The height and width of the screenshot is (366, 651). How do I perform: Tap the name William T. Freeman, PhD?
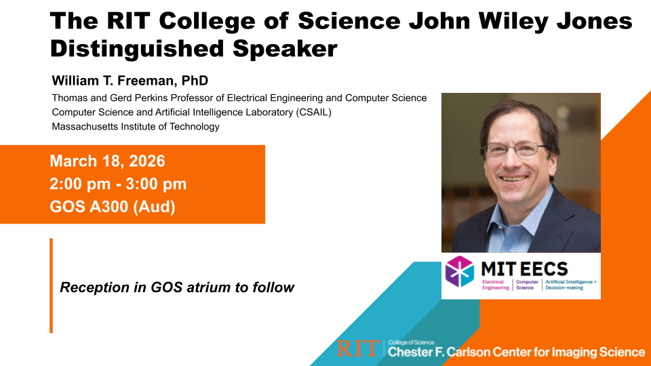tap(130, 81)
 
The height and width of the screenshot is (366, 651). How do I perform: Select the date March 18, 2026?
tap(108, 161)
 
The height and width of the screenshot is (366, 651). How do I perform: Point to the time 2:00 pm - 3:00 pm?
tap(118, 184)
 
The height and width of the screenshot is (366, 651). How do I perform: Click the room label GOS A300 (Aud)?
tap(113, 207)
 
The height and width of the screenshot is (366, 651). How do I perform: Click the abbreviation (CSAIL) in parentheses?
tap(313, 113)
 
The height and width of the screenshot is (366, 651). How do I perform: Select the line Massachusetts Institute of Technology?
tap(136, 127)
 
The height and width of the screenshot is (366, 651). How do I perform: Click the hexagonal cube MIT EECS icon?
tap(459, 272)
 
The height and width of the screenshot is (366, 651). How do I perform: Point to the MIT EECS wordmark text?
tap(524, 269)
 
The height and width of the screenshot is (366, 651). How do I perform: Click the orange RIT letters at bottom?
tap(358, 348)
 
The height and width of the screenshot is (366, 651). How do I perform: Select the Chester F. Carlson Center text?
tap(516, 352)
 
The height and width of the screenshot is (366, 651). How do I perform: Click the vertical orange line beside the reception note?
tap(51, 285)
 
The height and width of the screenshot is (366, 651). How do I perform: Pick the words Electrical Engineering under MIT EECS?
tap(495, 285)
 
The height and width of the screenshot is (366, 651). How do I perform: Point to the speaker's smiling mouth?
tap(515, 179)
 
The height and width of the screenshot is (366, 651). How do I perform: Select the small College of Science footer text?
tap(411, 342)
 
